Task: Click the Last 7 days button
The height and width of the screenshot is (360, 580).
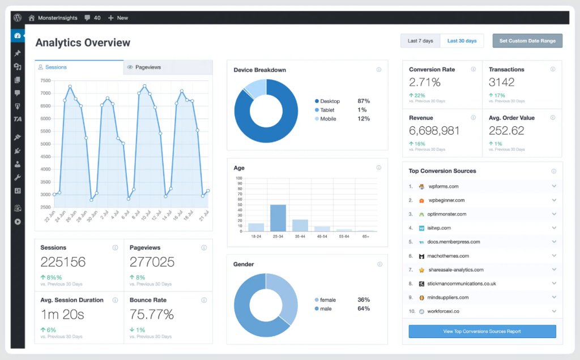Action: tap(420, 41)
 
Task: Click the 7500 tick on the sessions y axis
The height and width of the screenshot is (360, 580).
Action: tap(46, 80)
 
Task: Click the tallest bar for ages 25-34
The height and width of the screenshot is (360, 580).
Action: tap(278, 217)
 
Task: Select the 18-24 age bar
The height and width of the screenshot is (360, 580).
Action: tap(256, 226)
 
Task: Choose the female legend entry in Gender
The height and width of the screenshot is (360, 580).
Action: tap(327, 299)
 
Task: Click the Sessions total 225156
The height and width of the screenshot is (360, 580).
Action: tap(63, 262)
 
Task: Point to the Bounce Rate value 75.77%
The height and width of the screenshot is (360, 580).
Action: tap(151, 314)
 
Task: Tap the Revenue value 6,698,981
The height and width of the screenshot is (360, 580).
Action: tap(434, 131)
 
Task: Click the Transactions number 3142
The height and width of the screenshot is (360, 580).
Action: tap(501, 82)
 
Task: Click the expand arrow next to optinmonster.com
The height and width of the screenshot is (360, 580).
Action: tap(554, 214)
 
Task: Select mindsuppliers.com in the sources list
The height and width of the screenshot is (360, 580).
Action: tap(448, 298)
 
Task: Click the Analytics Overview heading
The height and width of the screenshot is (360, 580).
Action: tap(83, 42)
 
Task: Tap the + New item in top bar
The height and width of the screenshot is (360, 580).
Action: tap(118, 18)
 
